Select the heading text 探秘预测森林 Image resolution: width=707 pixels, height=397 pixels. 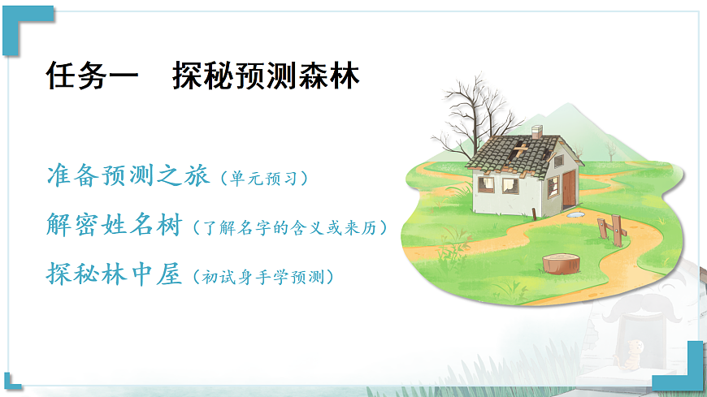click(x=266, y=77)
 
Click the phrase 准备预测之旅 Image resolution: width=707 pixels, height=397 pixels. click(x=128, y=177)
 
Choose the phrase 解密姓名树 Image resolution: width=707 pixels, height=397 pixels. click(x=113, y=226)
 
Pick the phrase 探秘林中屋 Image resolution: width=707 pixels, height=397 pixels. click(x=113, y=274)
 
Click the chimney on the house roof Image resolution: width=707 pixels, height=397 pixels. click(x=536, y=132)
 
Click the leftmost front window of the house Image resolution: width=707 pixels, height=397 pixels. click(x=485, y=183)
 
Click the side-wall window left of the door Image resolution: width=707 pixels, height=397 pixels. click(x=553, y=187)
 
